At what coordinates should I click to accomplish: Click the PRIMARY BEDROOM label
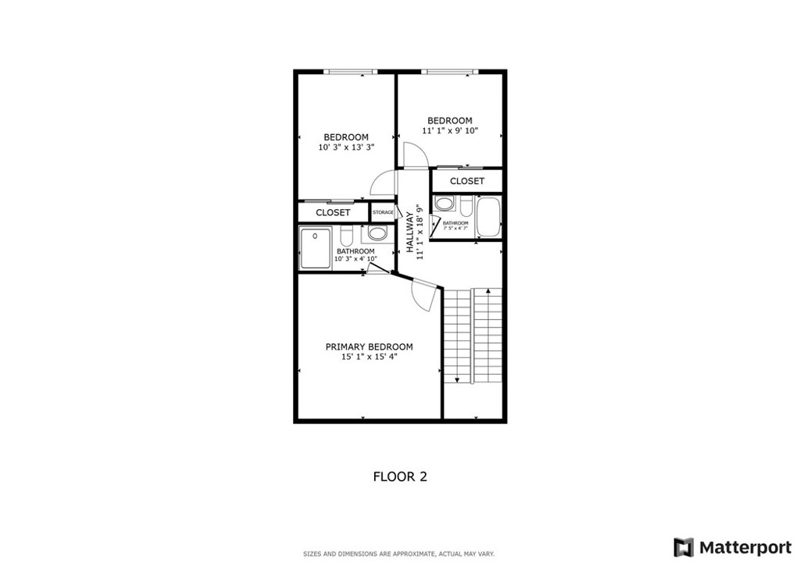[x=369, y=347]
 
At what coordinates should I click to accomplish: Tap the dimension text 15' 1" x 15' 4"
[x=369, y=357]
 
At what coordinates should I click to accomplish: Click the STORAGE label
[x=383, y=212]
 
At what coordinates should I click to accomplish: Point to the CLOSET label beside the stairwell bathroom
[x=467, y=181]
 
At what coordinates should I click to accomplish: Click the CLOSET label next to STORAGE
[x=333, y=212]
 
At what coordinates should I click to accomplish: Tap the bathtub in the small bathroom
[x=488, y=218]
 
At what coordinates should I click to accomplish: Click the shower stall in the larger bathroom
[x=316, y=247]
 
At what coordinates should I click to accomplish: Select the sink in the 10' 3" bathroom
[x=377, y=233]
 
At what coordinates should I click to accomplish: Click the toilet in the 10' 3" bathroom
[x=348, y=234]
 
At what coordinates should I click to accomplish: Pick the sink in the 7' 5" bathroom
[x=445, y=205]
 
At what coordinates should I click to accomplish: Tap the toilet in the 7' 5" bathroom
[x=466, y=207]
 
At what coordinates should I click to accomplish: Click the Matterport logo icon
[x=684, y=547]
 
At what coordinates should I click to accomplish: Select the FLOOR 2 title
[x=400, y=476]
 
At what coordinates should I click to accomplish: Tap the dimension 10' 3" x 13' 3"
[x=346, y=147]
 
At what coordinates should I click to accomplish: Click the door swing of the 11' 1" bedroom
[x=412, y=155]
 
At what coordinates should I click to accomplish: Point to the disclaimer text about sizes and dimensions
[x=399, y=554]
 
